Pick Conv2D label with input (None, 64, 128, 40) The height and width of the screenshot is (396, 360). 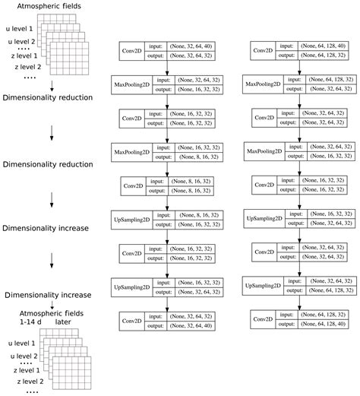coord(265,51)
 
